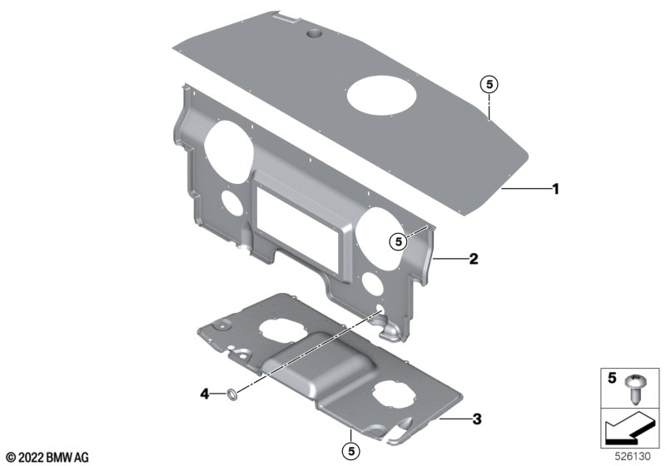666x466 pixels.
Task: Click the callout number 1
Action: click(x=555, y=188)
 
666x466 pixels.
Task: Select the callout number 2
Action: click(x=473, y=258)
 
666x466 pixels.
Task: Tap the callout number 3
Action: click(x=477, y=419)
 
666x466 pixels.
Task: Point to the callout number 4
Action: click(x=205, y=394)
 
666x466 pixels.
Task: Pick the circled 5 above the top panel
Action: click(x=490, y=85)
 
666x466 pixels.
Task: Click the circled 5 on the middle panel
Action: click(x=398, y=242)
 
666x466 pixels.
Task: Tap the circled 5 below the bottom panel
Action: click(x=351, y=451)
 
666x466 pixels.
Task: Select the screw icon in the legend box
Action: click(x=634, y=389)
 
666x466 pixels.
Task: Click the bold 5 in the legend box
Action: click(x=612, y=378)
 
